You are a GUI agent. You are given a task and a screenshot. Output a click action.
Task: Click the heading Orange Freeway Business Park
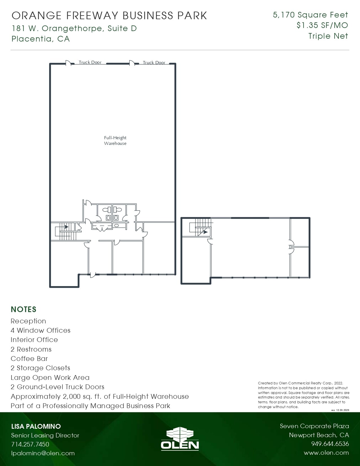click(x=110, y=16)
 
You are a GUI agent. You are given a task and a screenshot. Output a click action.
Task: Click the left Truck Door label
click(x=90, y=62)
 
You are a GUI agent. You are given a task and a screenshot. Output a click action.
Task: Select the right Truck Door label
click(x=154, y=63)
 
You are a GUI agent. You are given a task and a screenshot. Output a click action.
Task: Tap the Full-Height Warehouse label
click(x=115, y=141)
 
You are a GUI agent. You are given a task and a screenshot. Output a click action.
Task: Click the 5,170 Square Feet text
click(x=310, y=15)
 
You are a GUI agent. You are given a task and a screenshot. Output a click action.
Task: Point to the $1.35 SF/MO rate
click(x=322, y=25)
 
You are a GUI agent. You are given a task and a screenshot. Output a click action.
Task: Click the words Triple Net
click(x=328, y=36)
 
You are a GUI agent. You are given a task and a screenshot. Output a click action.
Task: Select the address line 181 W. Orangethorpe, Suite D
click(x=74, y=29)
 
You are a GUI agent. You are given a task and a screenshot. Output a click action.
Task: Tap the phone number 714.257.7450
click(x=30, y=444)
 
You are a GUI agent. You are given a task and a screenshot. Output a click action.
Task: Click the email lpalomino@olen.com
click(x=43, y=453)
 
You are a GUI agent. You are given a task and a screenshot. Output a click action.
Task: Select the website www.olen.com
click(x=326, y=453)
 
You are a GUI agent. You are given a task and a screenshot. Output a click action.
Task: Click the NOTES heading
click(x=23, y=310)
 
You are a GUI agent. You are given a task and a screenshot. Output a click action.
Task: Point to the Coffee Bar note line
click(x=29, y=359)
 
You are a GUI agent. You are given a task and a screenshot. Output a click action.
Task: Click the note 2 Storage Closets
click(x=40, y=368)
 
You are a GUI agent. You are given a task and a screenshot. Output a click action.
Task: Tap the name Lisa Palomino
click(x=36, y=426)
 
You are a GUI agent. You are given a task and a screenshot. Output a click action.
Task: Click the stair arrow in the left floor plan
click(x=66, y=227)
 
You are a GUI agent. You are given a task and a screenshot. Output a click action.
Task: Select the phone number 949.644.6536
click(x=330, y=444)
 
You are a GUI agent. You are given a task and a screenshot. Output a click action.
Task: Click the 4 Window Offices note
click(x=40, y=330)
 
